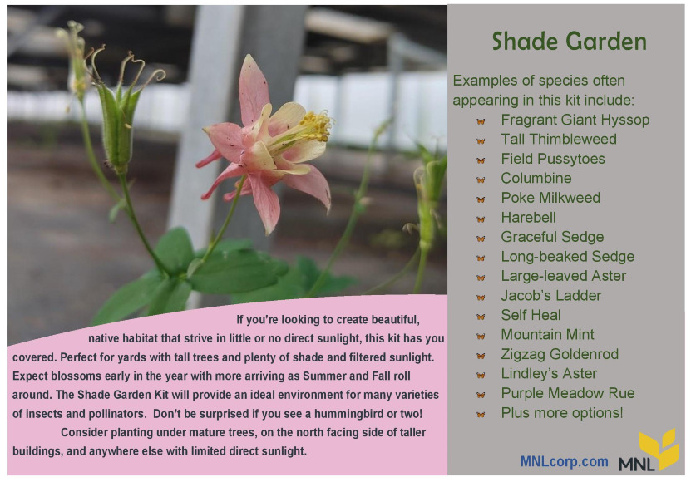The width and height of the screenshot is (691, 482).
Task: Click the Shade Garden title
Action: coord(569,42)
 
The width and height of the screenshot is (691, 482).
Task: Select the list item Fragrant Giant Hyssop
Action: coord(575,120)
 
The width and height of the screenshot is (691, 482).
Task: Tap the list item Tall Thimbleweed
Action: coord(559,140)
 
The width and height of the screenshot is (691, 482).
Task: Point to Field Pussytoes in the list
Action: coord(553,159)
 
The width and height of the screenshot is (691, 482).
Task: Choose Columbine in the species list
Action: coord(536,178)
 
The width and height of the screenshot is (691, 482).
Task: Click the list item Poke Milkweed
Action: coord(550,198)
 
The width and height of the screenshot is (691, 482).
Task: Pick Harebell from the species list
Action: coord(528,217)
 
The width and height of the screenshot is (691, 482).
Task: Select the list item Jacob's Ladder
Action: coord(550,295)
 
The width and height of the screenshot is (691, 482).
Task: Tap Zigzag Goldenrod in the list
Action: coord(560,354)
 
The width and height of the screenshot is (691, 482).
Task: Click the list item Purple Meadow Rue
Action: coord(568,393)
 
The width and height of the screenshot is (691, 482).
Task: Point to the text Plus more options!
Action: coord(562,413)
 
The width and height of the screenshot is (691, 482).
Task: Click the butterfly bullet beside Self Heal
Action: coord(481,317)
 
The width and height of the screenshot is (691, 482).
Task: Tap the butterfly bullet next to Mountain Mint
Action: coord(481,336)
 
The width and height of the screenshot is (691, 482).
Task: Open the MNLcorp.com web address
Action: coord(564,461)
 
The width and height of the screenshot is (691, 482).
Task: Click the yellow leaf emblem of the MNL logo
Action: coord(659,448)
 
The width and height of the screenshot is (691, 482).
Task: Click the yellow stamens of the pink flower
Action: coord(316,126)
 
